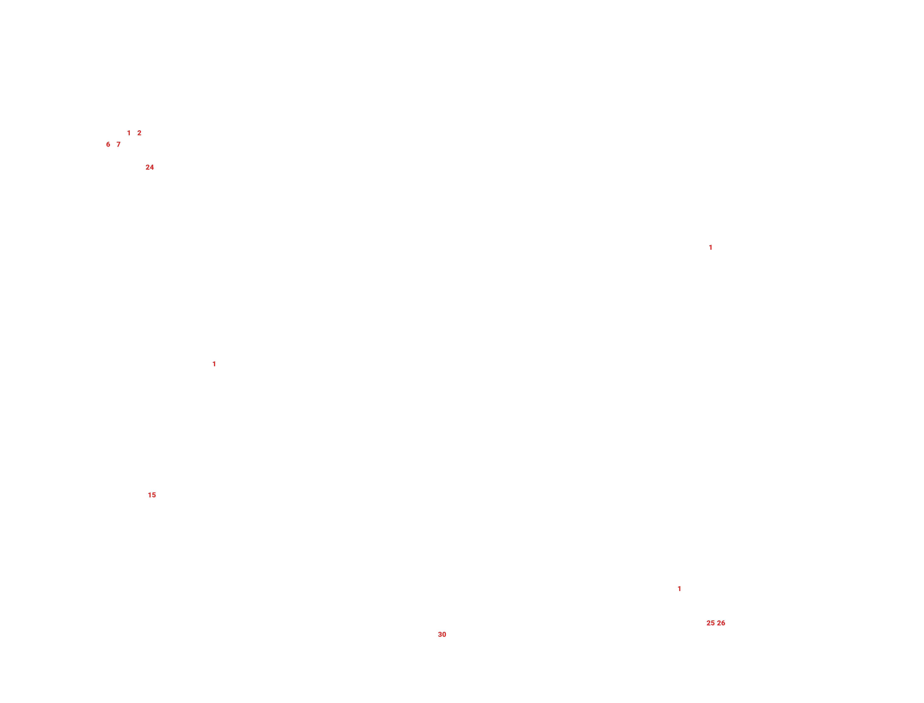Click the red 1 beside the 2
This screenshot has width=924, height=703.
(x=129, y=133)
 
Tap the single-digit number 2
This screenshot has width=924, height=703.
(x=139, y=133)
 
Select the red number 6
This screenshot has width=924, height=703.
(x=108, y=144)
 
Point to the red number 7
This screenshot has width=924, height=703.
(x=118, y=144)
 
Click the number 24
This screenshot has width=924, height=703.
(x=150, y=167)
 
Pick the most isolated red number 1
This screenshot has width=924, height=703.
(x=710, y=247)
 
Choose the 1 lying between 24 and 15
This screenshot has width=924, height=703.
(x=214, y=364)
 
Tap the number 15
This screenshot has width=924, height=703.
(x=152, y=495)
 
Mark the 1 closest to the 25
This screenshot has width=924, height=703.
(x=679, y=589)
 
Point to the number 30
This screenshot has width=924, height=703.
(x=442, y=634)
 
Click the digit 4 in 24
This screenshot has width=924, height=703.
(x=152, y=167)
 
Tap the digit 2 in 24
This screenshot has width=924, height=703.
(x=148, y=167)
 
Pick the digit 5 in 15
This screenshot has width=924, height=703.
(x=154, y=495)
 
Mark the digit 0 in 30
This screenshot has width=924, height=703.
(x=444, y=634)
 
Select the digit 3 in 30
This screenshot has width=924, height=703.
(x=440, y=634)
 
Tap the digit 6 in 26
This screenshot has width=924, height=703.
(x=723, y=623)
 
